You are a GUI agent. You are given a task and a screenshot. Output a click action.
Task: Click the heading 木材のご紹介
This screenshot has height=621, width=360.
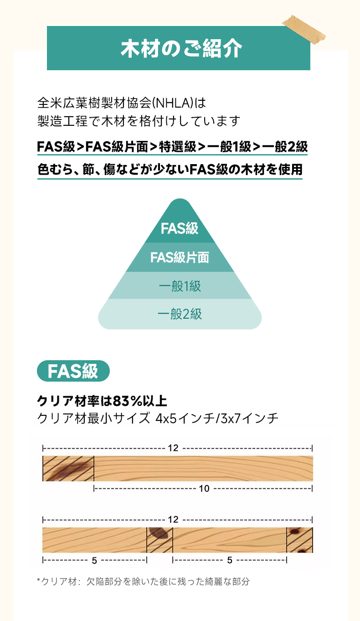(181, 48)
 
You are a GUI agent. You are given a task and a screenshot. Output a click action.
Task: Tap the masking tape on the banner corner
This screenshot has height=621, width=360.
(304, 30)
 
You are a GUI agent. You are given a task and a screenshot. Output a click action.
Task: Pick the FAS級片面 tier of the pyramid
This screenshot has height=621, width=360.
(180, 257)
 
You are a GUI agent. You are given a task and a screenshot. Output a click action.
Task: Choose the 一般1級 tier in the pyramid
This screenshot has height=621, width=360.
(180, 286)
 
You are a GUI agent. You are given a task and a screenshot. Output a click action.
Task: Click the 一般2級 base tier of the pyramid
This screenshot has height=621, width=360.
(180, 314)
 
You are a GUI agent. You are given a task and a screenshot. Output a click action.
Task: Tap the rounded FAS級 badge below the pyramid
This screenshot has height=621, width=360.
(73, 371)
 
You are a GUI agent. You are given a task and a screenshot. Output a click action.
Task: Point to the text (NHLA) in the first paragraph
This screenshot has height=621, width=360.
(173, 103)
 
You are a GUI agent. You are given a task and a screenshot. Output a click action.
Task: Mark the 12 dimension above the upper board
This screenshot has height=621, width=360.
(173, 448)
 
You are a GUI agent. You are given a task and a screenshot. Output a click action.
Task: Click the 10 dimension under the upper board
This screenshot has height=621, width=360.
(204, 488)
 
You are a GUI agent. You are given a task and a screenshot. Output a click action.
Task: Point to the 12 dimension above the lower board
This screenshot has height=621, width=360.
(173, 519)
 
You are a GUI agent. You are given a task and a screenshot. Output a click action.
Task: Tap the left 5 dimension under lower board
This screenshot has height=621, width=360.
(94, 560)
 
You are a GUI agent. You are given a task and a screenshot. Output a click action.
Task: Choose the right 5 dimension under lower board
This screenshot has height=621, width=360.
(230, 560)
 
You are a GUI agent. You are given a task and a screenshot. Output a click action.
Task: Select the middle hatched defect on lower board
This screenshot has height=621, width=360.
(159, 540)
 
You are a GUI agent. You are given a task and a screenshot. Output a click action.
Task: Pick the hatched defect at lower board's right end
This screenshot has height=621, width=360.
(299, 540)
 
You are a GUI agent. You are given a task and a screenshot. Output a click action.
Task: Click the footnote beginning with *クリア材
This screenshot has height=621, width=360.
(143, 581)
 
